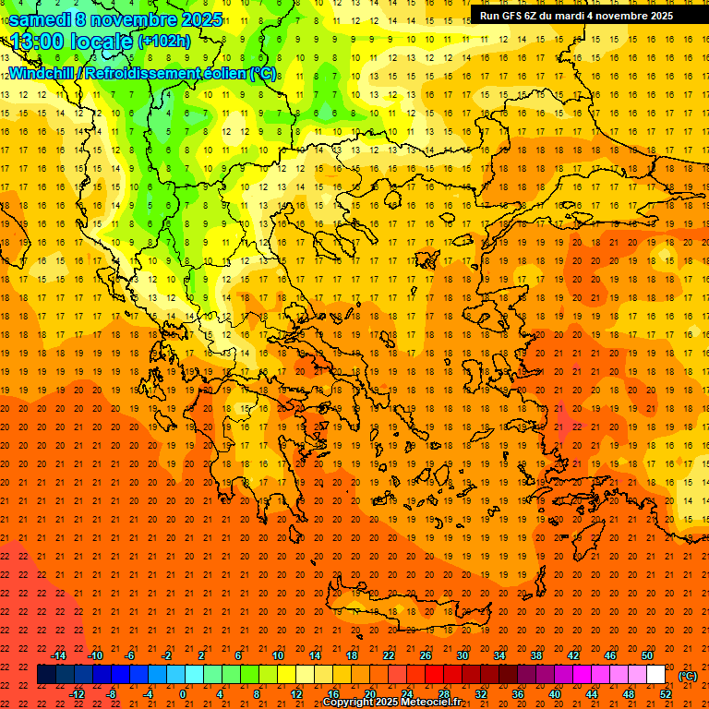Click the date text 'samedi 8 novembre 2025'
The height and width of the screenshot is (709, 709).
point(115,18)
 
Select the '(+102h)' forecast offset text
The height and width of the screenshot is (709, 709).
point(164,42)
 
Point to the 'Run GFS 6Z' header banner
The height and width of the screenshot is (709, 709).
point(576,15)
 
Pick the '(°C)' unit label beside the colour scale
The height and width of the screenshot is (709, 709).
point(688,676)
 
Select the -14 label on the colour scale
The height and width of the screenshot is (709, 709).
point(59,655)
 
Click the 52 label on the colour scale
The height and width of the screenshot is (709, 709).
point(666,693)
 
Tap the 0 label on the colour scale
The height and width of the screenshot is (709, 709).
point(183,693)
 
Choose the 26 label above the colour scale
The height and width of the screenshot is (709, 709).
point(426,655)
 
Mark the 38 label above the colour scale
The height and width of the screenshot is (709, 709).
point(536,655)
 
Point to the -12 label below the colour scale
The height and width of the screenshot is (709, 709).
point(78,693)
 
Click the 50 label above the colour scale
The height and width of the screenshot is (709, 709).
point(647,655)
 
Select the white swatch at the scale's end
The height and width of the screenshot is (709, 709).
point(656,675)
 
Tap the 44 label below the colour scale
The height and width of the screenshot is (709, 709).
point(592,693)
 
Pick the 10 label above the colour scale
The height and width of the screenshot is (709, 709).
point(278,655)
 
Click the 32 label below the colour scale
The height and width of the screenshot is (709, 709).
point(481,693)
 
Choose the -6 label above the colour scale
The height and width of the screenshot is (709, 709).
point(130,655)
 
